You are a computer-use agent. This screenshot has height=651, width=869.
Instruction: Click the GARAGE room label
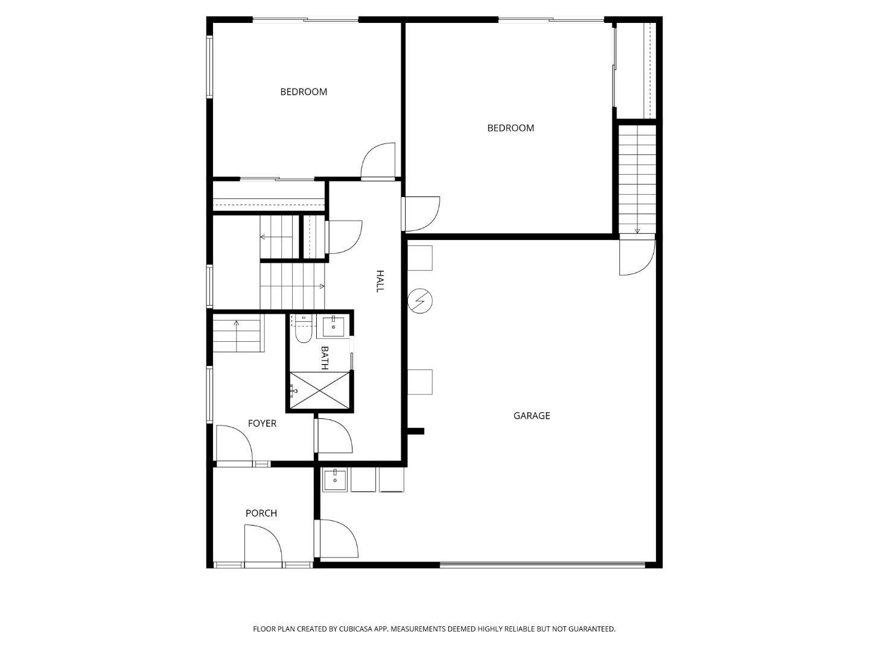point(531,415)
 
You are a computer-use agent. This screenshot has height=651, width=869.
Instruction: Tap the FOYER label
point(262,423)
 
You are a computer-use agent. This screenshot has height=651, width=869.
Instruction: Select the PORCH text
point(261,513)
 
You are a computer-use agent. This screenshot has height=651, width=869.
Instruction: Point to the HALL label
point(380,281)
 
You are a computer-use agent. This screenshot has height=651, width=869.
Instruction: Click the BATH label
point(324,357)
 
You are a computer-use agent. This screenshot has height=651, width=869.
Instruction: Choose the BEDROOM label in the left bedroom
point(304,92)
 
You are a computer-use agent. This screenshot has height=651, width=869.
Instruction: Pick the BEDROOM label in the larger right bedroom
point(511,128)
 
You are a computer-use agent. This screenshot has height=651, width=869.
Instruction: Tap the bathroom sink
point(333,327)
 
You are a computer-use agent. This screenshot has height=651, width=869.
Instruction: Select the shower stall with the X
point(319,390)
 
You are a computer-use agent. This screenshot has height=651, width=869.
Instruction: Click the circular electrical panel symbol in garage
point(419,301)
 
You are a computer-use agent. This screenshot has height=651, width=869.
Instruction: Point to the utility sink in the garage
point(334,480)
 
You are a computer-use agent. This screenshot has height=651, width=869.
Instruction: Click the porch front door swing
point(263,546)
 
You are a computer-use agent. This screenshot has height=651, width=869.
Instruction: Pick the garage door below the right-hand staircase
point(637,257)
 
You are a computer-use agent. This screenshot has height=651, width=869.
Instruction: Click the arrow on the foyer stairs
point(237,336)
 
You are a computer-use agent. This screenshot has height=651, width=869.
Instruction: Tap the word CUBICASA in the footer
point(355,629)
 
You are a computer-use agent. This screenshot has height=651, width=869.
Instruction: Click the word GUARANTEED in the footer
point(592,629)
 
